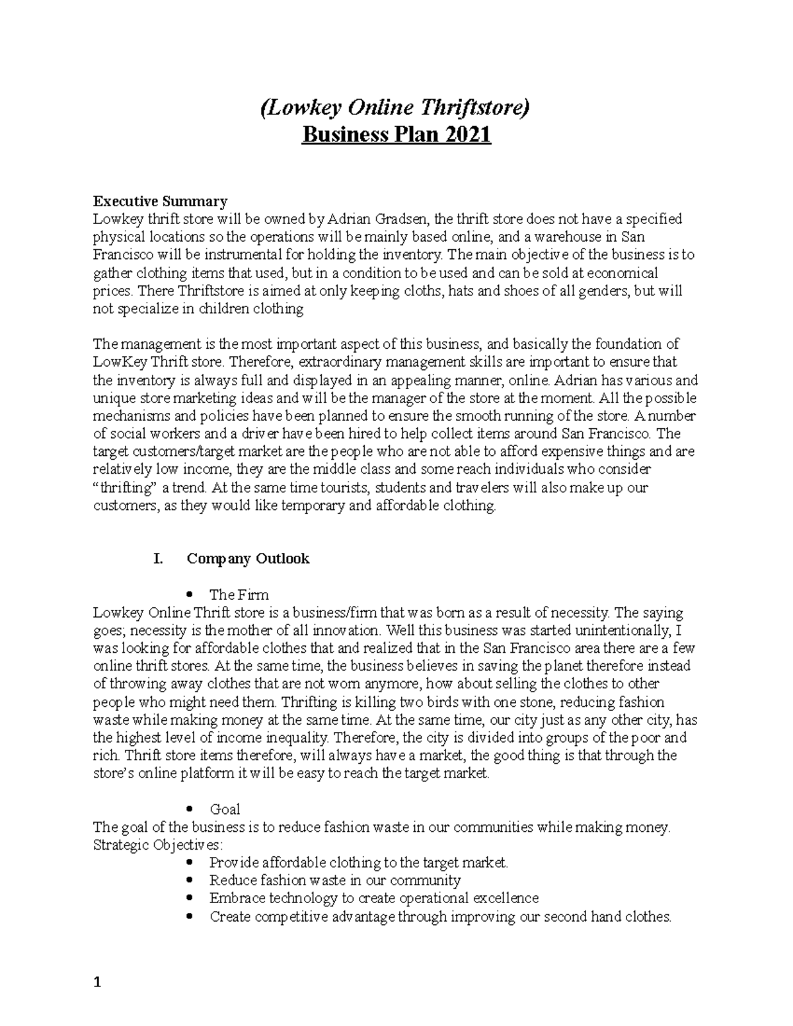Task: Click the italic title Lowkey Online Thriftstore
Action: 396,108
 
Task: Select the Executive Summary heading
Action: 160,201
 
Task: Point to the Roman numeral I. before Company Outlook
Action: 157,559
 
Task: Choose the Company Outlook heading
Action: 248,559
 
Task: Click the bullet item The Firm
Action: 239,595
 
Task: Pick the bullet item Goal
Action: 225,809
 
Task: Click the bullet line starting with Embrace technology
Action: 373,898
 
